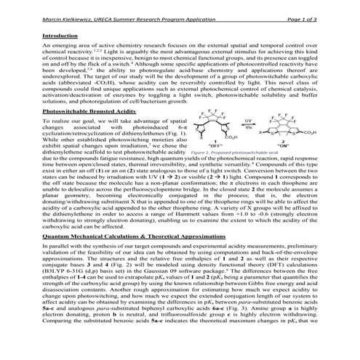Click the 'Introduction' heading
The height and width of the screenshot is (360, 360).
click(60, 36)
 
